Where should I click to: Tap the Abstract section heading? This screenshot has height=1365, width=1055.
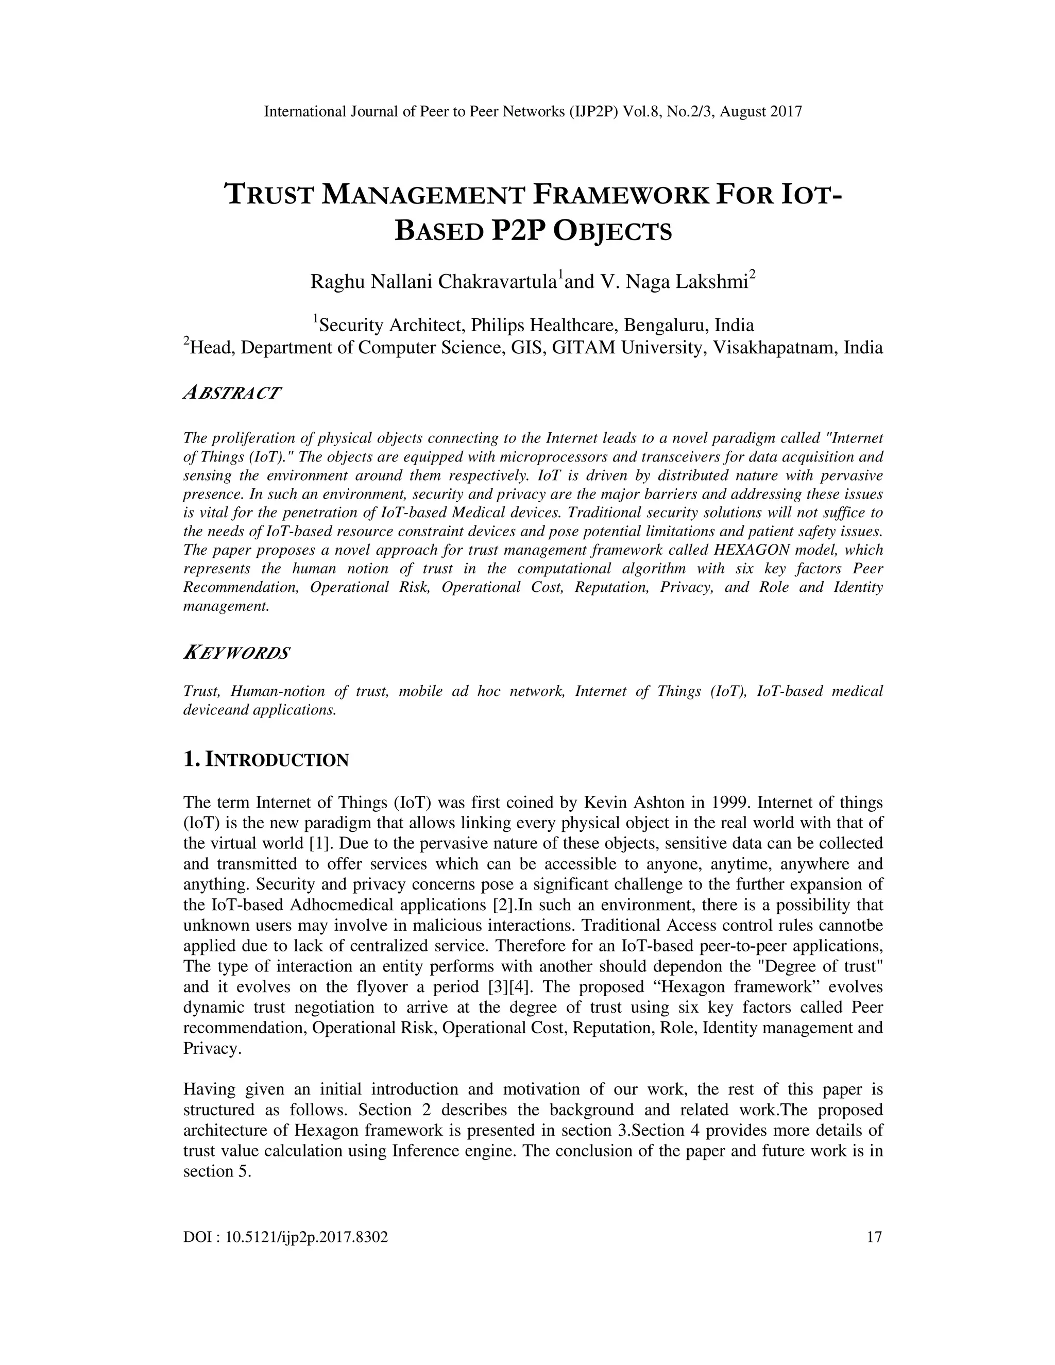tap(232, 394)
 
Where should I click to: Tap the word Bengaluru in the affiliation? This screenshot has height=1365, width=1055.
tap(666, 326)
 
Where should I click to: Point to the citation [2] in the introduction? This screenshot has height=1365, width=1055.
tap(503, 905)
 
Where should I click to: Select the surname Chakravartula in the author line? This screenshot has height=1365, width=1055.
tap(498, 282)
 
